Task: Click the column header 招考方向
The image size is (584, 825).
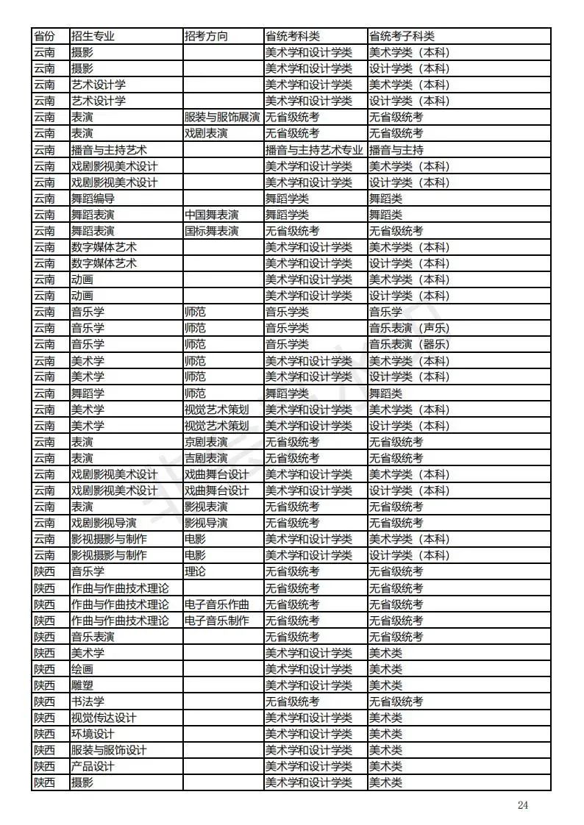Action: (x=205, y=36)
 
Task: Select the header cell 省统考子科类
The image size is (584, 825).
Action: (x=401, y=36)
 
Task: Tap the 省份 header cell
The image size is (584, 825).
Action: (x=44, y=36)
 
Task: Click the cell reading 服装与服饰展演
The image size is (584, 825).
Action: (x=221, y=117)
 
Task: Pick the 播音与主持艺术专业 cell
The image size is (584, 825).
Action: (x=314, y=150)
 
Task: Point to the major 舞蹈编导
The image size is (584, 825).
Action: (x=93, y=199)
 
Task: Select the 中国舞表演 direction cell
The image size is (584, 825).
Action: (x=211, y=215)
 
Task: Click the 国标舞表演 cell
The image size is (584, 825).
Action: (x=211, y=231)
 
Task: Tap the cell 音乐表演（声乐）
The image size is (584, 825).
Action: (x=409, y=328)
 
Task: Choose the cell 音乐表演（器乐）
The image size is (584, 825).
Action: (x=409, y=344)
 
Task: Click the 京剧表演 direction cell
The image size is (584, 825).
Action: (x=205, y=442)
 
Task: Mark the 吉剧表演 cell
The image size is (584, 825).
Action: (x=205, y=458)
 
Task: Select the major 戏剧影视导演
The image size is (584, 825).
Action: (x=104, y=523)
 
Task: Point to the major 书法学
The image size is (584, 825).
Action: (x=88, y=701)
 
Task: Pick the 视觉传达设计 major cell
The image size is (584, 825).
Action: (x=104, y=718)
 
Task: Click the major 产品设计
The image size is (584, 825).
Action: (x=93, y=766)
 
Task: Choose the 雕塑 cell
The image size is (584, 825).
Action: (x=82, y=685)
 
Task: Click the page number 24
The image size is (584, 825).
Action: (x=522, y=805)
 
